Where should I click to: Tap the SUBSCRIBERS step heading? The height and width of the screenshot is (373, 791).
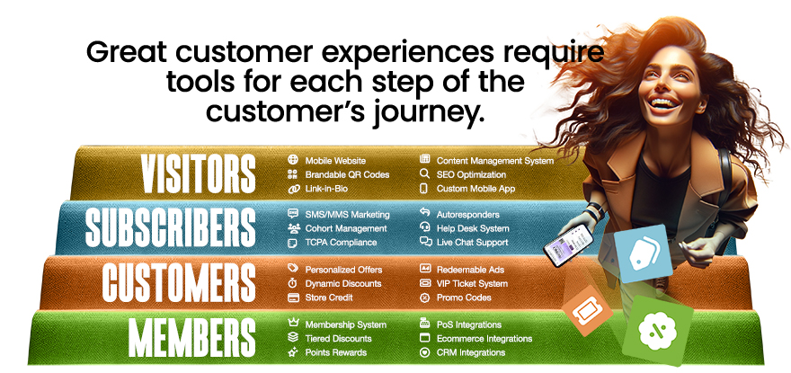(x=171, y=228)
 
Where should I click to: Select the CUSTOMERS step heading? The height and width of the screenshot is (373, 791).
(x=178, y=282)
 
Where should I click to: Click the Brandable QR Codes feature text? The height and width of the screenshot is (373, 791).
(x=347, y=174)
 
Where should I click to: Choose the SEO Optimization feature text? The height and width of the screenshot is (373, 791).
(x=471, y=174)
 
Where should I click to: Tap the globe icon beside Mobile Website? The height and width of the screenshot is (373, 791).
(x=292, y=160)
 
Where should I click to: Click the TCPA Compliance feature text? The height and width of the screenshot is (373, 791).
(x=342, y=243)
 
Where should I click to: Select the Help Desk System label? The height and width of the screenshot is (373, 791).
(x=473, y=228)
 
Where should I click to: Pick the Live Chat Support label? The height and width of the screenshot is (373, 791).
(x=472, y=243)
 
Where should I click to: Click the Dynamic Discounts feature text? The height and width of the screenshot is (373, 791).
(x=343, y=283)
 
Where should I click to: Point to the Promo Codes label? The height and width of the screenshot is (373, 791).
(x=465, y=298)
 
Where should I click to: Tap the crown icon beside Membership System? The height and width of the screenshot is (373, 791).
(x=292, y=324)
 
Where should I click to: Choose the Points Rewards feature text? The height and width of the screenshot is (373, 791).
(x=336, y=352)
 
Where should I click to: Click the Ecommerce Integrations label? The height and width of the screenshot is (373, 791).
(x=484, y=338)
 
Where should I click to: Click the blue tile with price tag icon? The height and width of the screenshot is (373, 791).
(x=644, y=252)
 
